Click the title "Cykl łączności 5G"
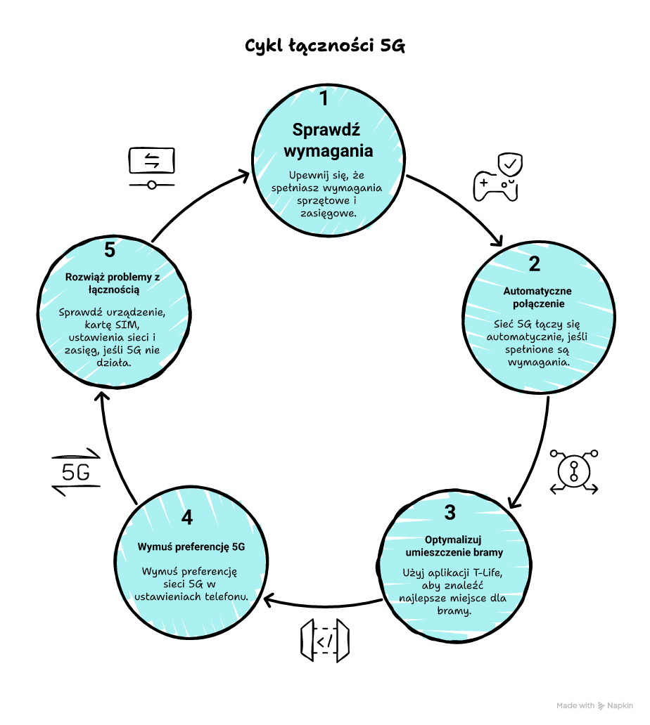click(325, 46)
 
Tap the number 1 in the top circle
click(324, 98)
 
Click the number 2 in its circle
click(535, 264)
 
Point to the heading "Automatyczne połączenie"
click(537, 297)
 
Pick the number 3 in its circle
click(450, 513)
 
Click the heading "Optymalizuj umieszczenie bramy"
click(454, 546)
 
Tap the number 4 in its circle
click(186, 518)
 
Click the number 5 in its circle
click(109, 249)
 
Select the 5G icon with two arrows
click(76, 472)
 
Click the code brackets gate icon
click(324, 641)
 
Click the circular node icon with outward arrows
click(574, 471)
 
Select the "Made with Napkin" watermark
click(594, 706)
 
